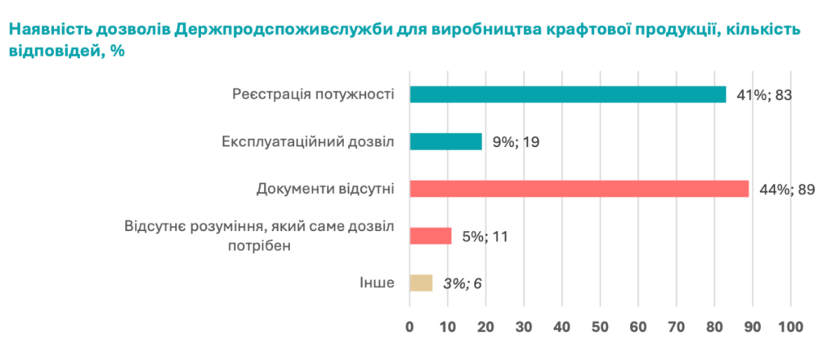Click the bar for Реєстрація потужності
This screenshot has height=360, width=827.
click(x=568, y=94)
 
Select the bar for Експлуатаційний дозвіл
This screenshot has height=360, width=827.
click(x=446, y=142)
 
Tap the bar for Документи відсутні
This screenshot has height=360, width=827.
click(x=579, y=189)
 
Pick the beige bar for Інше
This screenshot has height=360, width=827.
click(x=421, y=283)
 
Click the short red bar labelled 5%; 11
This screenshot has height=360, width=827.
click(x=430, y=236)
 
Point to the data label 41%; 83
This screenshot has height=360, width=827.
click(x=762, y=95)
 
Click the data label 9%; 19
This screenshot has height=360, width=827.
click(x=517, y=142)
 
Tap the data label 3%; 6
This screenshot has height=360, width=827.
click(x=462, y=283)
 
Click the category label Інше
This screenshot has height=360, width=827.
click(x=376, y=283)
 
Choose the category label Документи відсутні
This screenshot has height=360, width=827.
click(x=325, y=190)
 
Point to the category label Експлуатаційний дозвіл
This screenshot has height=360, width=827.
click(x=308, y=142)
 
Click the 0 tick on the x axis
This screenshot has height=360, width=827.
click(x=409, y=327)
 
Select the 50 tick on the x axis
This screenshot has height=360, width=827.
click(x=600, y=327)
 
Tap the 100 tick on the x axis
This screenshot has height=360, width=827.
click(x=790, y=327)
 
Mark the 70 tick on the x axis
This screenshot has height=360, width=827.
click(x=676, y=327)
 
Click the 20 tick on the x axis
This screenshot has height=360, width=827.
click(x=485, y=327)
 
